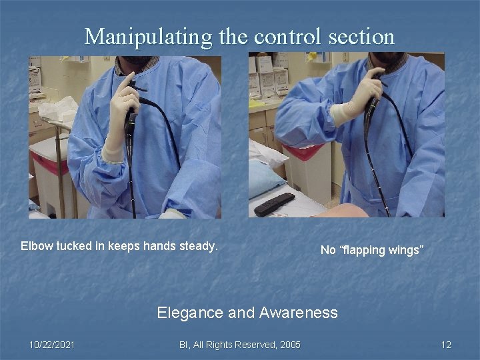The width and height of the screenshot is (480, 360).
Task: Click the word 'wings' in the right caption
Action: [403, 250]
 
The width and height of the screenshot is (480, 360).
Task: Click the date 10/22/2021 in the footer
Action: [52, 344]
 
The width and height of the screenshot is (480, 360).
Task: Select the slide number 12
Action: [446, 344]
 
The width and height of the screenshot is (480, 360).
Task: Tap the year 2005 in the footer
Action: [289, 344]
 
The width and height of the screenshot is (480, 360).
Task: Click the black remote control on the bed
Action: [274, 203]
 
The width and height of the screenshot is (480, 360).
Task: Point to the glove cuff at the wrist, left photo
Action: [113, 151]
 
